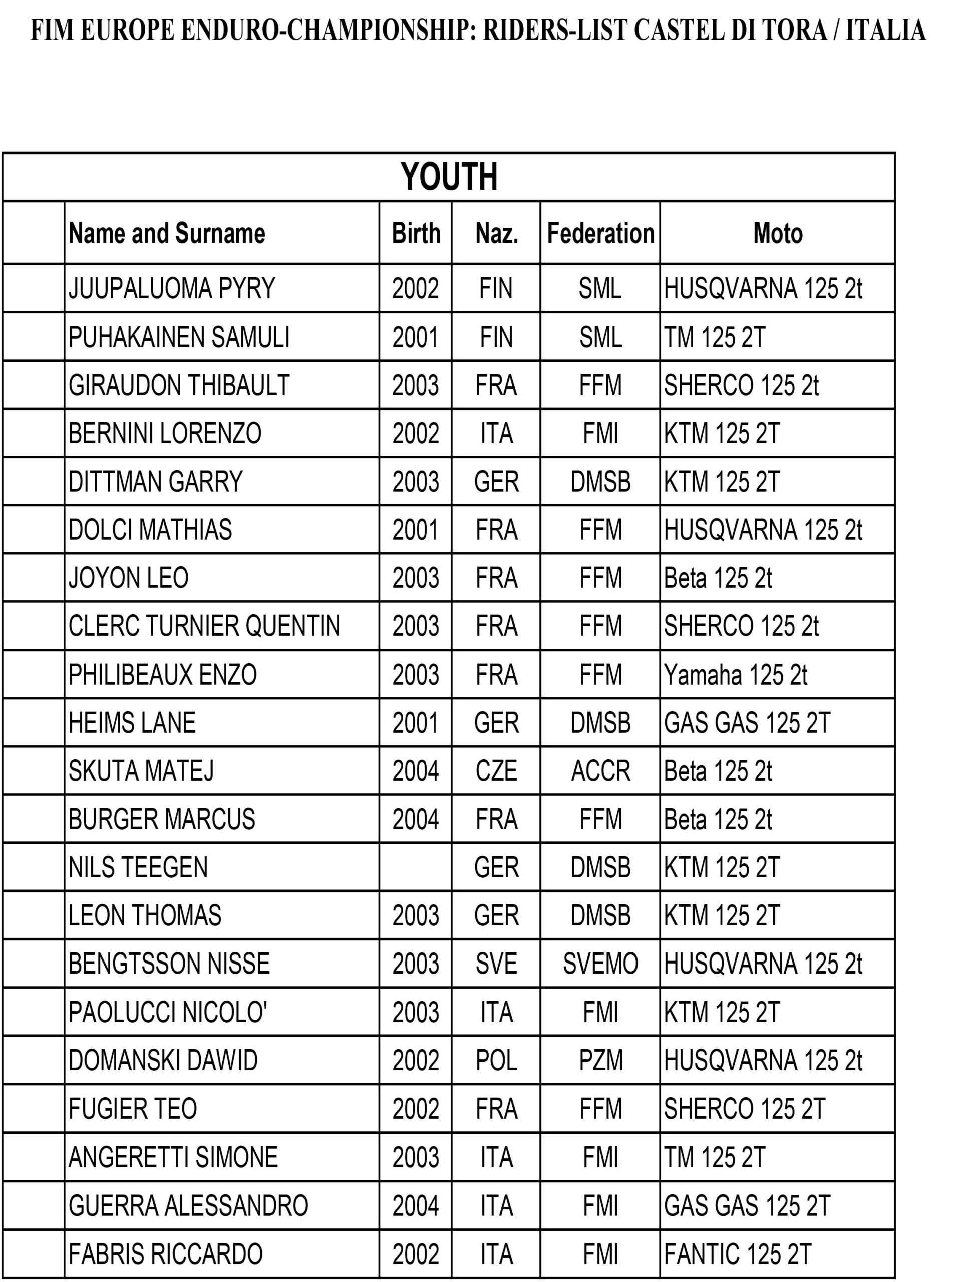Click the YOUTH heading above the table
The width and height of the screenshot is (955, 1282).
(x=449, y=177)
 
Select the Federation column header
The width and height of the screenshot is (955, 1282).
(x=600, y=233)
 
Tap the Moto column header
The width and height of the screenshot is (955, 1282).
(x=778, y=233)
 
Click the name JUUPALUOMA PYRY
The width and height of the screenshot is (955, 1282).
(x=172, y=288)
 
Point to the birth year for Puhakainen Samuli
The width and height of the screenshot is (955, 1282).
(x=415, y=337)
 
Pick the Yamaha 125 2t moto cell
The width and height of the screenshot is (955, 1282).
(x=735, y=675)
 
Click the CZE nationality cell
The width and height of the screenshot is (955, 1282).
(x=496, y=771)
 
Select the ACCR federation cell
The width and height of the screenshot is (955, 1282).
(x=600, y=771)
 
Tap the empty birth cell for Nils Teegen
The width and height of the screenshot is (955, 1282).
(x=415, y=867)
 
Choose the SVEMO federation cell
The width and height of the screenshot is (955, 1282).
(x=600, y=964)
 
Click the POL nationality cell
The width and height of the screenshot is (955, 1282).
(x=496, y=1060)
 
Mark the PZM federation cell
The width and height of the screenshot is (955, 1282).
(x=600, y=1060)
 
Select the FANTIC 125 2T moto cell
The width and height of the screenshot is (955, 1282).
(x=738, y=1254)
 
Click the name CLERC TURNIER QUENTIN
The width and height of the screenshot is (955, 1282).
(x=204, y=626)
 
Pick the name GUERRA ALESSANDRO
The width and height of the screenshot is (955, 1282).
(x=188, y=1206)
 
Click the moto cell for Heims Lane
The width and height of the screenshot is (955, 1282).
(x=747, y=723)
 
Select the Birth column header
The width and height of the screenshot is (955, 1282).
(x=416, y=233)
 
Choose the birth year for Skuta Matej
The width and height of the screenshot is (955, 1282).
(x=415, y=771)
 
